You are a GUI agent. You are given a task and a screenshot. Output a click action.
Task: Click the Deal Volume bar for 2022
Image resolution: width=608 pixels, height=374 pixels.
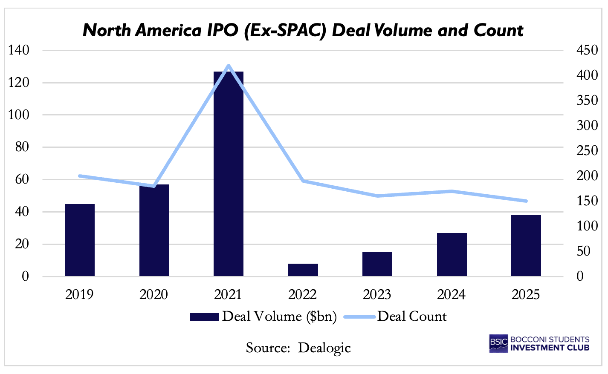303,270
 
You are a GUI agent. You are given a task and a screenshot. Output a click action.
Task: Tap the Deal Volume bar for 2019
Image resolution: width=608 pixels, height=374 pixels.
80,240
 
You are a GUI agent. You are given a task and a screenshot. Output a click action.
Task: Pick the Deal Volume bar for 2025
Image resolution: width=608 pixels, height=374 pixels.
526,246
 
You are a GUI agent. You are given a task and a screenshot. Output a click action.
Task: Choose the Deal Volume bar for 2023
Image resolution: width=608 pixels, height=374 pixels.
377,264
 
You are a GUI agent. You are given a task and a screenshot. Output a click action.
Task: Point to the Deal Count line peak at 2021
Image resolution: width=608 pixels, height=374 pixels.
229,66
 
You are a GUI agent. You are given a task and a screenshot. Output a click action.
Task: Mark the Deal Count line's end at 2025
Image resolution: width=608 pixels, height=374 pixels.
526,201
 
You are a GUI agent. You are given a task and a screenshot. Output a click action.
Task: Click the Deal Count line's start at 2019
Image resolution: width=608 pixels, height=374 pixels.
80,176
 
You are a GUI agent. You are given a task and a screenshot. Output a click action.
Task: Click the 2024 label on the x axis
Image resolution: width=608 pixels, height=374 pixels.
452,294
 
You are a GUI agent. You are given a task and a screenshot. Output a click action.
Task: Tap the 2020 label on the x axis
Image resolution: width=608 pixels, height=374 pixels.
154,294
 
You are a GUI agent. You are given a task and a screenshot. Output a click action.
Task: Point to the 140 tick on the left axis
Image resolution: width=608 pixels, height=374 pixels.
19,50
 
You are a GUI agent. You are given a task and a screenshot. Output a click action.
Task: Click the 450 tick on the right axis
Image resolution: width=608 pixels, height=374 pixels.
587,50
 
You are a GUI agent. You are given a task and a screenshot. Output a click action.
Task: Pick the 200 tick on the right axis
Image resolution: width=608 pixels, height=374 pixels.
587,175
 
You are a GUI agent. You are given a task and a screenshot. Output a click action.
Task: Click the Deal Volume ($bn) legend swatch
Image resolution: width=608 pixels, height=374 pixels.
204,316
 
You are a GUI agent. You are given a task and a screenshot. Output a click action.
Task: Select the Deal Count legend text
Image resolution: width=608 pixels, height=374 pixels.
412,316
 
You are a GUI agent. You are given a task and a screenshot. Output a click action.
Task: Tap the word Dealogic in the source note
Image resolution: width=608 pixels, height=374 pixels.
324,348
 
